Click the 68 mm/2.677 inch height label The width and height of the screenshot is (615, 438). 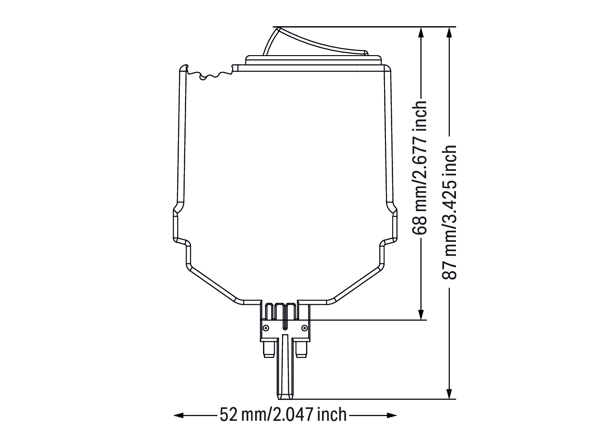tap(420, 168)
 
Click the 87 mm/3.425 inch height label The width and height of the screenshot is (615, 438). tap(449, 212)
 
